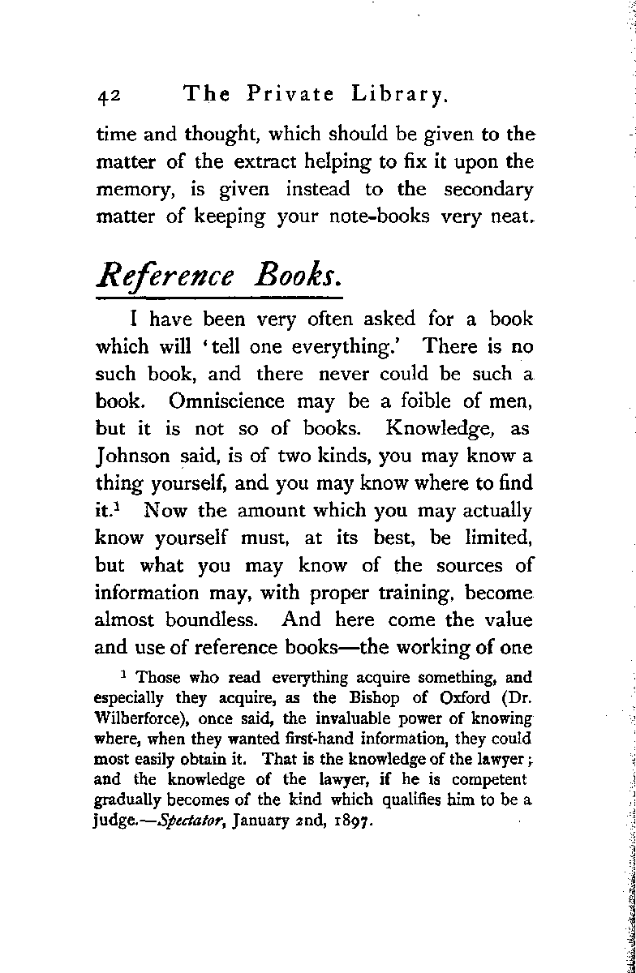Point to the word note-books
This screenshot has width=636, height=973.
[x=400, y=218]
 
